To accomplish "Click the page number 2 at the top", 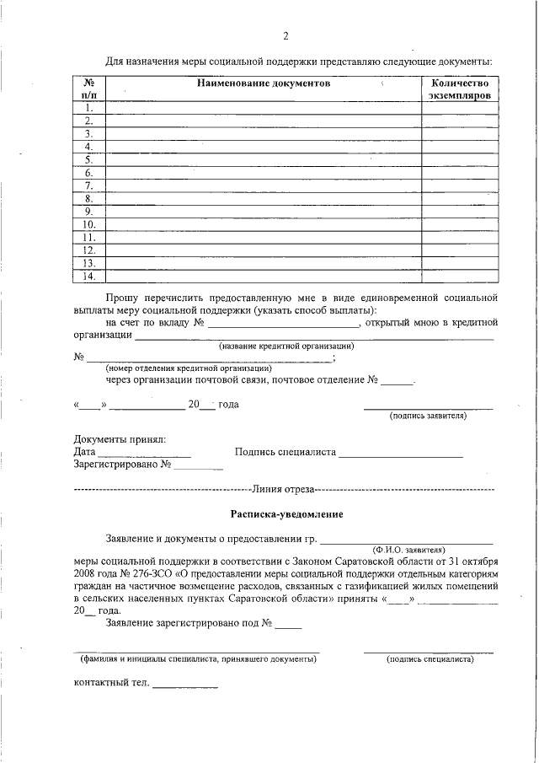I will tap(286, 35).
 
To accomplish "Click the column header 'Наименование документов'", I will tap(264, 83).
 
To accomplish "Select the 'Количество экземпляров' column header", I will tap(459, 90).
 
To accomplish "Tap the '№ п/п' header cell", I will tap(88, 90).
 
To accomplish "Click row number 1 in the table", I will tap(88, 108).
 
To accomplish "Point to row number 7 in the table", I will tap(88, 185).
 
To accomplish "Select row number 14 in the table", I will tap(88, 276).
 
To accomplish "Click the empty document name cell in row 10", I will tap(263, 224).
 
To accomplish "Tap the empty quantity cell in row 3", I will tap(459, 133).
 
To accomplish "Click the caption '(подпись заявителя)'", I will tap(428, 416).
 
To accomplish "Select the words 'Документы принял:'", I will tap(120, 439).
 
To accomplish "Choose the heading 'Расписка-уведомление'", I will tap(287, 513).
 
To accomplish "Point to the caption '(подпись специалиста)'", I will tap(430, 658).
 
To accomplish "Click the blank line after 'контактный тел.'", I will tap(184, 685).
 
